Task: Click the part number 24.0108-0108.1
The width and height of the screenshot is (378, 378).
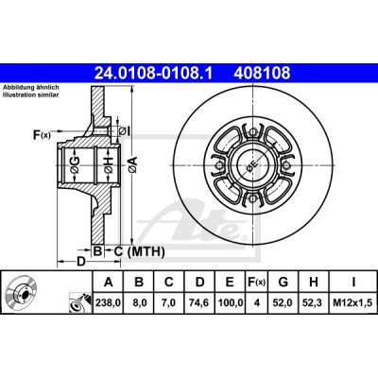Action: point(154,73)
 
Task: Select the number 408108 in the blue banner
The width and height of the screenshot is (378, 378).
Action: point(262,73)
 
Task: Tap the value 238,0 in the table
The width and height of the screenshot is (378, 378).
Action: point(108,303)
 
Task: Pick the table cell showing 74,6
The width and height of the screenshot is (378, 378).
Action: point(199,303)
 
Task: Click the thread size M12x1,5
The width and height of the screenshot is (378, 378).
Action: point(352,303)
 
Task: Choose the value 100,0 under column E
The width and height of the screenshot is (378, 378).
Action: point(231,303)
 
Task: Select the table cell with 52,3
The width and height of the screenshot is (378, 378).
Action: point(314,303)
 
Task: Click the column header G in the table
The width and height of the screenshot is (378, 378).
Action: point(283,283)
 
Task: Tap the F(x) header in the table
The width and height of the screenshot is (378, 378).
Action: point(256,283)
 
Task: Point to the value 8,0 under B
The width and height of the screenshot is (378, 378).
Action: point(139,303)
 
